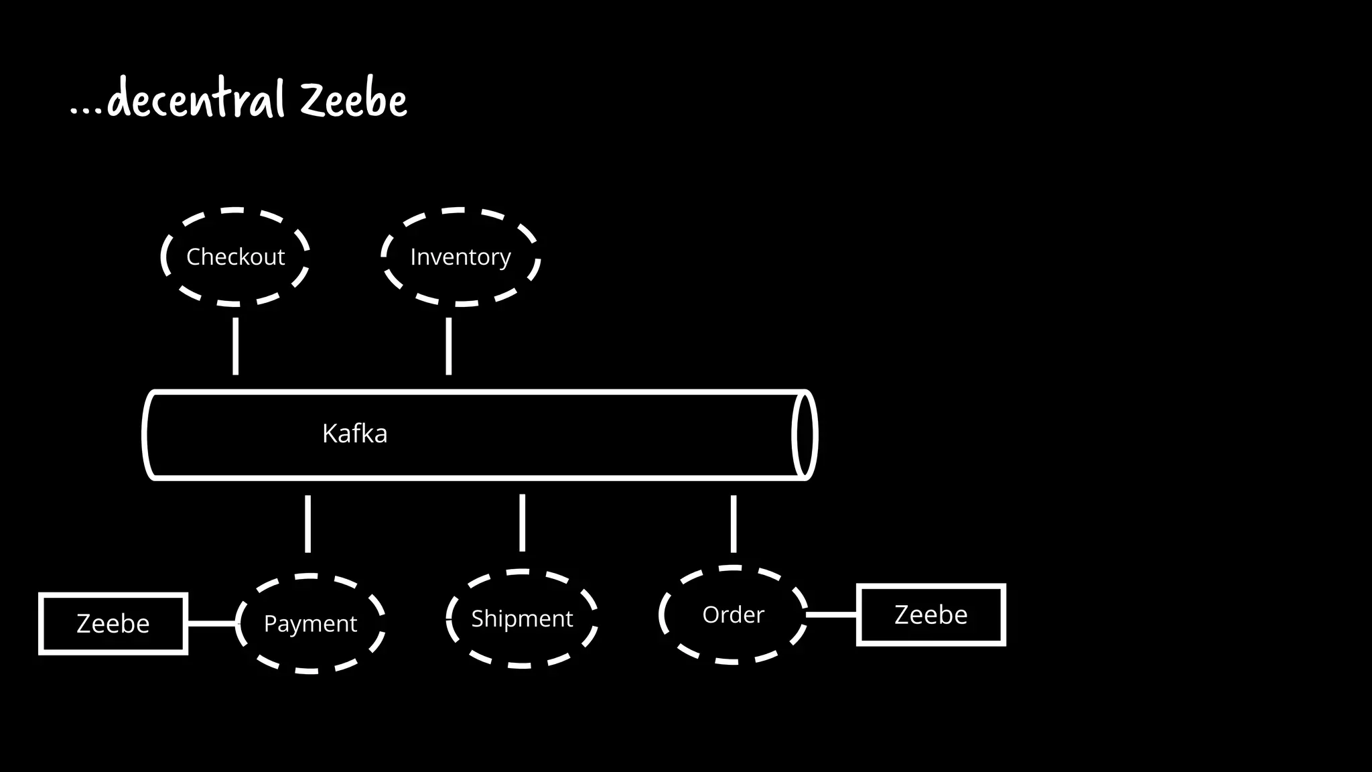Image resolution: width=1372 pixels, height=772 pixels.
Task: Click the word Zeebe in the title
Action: (353, 101)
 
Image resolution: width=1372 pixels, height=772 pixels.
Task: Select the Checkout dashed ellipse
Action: (235, 257)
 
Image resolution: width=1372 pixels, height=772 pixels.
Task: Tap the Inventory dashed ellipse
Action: (460, 257)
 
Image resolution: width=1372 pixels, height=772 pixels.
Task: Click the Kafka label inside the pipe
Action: (354, 434)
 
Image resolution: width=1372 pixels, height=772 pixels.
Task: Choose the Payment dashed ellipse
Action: (310, 623)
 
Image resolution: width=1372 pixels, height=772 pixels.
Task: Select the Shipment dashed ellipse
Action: (521, 618)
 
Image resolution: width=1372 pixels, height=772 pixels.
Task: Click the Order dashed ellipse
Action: (733, 615)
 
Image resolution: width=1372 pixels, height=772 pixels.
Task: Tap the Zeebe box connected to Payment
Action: (113, 623)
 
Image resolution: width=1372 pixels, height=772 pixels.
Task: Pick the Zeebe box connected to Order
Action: (931, 615)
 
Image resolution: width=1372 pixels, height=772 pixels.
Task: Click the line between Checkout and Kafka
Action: (235, 346)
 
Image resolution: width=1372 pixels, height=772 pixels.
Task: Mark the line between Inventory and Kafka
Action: (448, 346)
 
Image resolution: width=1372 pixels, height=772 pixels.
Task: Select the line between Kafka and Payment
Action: (307, 523)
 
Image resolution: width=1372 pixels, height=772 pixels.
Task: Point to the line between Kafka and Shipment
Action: (522, 523)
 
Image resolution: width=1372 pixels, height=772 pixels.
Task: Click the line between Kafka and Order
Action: (733, 523)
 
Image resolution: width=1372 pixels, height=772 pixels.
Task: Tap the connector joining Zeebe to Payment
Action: (211, 623)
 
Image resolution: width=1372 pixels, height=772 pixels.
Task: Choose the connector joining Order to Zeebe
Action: (831, 615)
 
